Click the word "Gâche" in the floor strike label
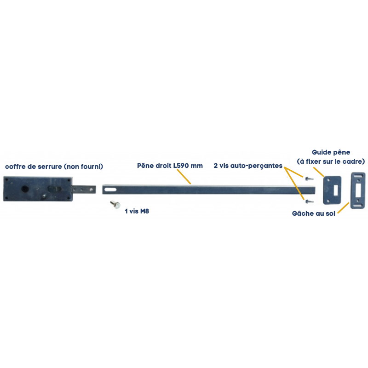click(x=303, y=214)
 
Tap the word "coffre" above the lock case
click(x=16, y=166)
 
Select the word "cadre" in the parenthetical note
click(x=354, y=161)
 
